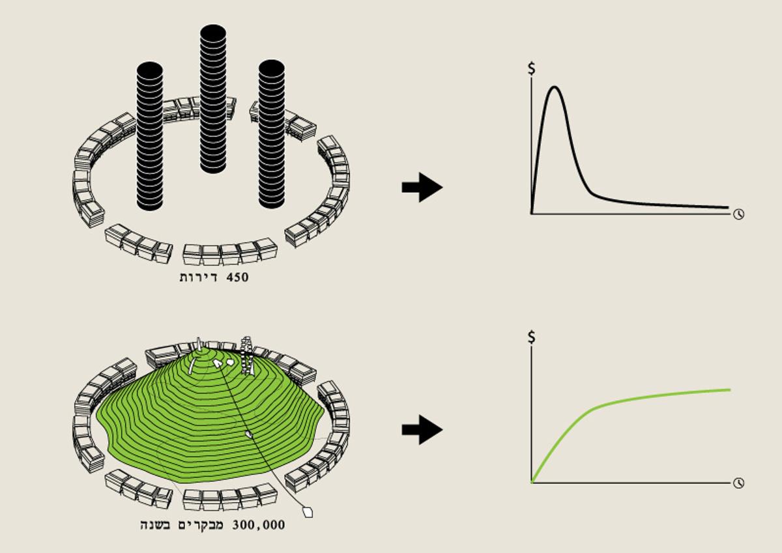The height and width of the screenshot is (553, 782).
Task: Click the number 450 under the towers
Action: coord(237,277)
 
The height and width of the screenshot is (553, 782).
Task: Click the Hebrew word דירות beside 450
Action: coord(199,277)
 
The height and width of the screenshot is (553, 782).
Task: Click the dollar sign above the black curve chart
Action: coord(531,68)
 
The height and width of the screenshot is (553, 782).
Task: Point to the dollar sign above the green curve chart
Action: coord(531,337)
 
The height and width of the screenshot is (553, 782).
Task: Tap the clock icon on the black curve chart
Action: coord(739,214)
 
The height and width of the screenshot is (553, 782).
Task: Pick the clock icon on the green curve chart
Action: coord(739,483)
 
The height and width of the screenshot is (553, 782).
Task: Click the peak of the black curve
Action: coord(555,87)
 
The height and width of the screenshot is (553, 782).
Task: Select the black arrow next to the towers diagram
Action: coord(422,187)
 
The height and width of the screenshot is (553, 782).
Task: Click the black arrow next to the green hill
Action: coord(422,430)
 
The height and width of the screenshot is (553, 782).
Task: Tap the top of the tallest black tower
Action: coord(213,31)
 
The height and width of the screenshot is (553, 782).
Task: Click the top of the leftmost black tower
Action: coord(150,69)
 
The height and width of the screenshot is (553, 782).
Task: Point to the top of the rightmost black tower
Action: coord(272,67)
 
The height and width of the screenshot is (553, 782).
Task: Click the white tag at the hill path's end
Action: coord(308,512)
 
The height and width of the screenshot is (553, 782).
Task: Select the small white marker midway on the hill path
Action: coord(249,434)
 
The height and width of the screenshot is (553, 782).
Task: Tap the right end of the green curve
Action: coord(730,390)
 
